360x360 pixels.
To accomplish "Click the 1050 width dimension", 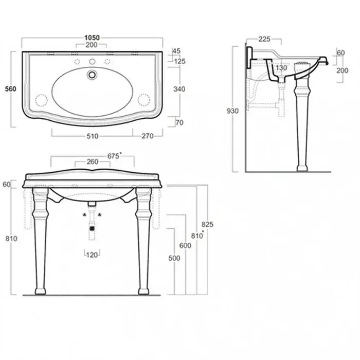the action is (92, 38).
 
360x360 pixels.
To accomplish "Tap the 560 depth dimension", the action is (11, 88).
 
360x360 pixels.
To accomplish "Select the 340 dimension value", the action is (179, 89).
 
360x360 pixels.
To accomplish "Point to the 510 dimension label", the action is (93, 136).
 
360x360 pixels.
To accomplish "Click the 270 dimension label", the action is (148, 136).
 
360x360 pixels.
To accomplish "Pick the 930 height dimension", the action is (232, 111).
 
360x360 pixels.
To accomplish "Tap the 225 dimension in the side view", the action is (264, 39).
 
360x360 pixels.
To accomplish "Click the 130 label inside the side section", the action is (281, 68).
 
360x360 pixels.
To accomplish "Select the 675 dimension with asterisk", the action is (114, 156).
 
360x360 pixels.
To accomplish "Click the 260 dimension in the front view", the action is (93, 161).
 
